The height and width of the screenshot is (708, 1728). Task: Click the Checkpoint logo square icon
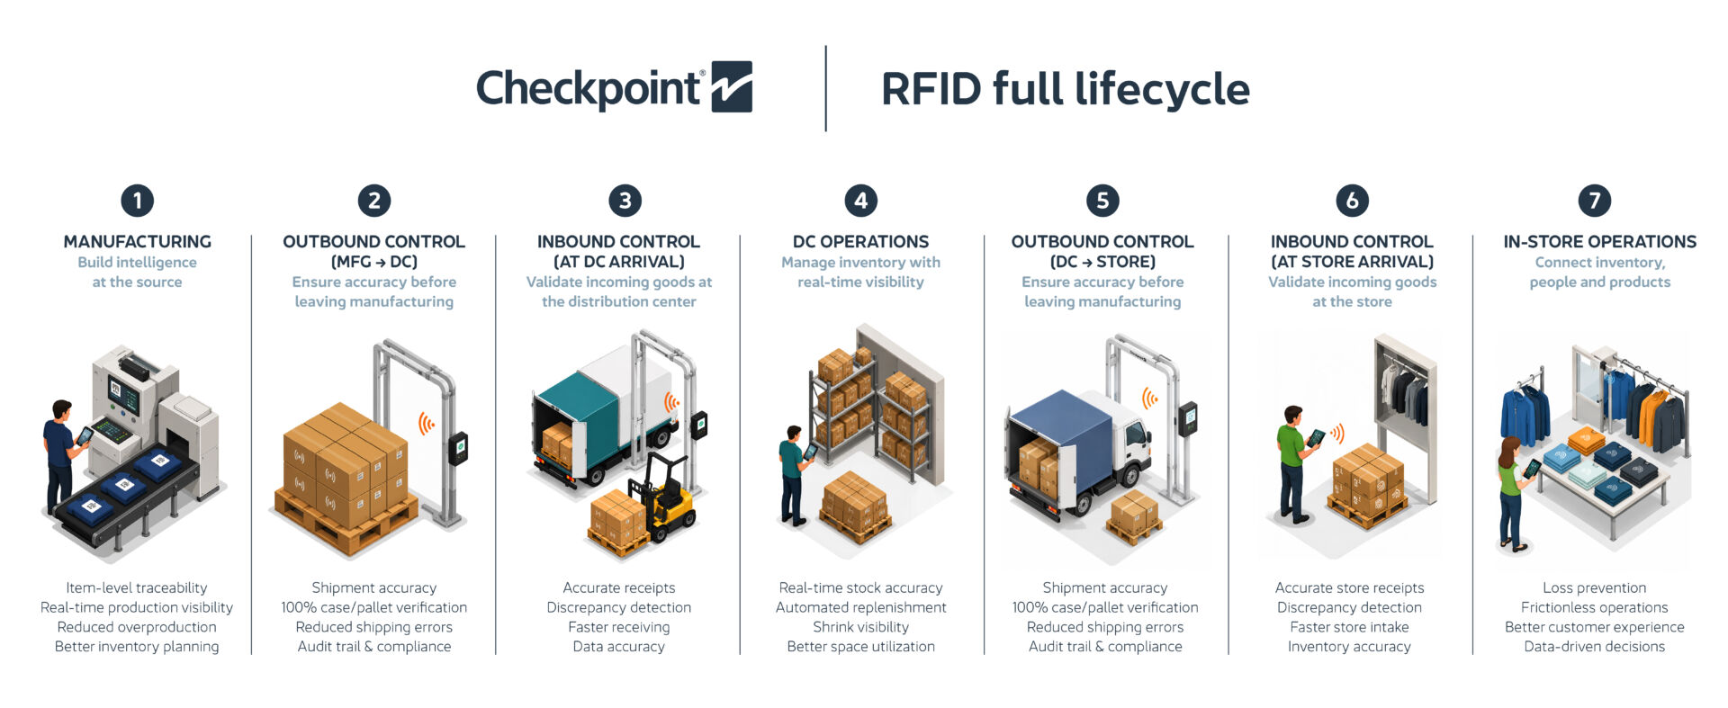pyautogui.click(x=732, y=86)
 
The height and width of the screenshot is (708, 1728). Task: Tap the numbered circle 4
pyautogui.click(x=860, y=201)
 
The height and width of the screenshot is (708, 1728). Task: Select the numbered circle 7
pyautogui.click(x=1594, y=201)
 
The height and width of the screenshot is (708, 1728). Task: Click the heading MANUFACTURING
pyautogui.click(x=137, y=241)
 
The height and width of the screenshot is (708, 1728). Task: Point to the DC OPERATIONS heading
pyautogui.click(x=860, y=241)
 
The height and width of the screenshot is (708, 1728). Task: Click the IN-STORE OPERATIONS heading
pyautogui.click(x=1599, y=241)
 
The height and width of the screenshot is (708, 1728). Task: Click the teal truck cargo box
pyautogui.click(x=589, y=409)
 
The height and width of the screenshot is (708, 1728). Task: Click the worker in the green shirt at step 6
pyautogui.click(x=1293, y=463)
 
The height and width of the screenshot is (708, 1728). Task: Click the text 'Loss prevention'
pyautogui.click(x=1594, y=587)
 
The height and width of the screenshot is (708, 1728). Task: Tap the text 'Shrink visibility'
pyautogui.click(x=860, y=627)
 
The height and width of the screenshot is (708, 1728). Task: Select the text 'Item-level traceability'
pyautogui.click(x=137, y=587)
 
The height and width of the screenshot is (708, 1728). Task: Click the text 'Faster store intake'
pyautogui.click(x=1349, y=627)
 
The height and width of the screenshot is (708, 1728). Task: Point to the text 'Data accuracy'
pyautogui.click(x=618, y=646)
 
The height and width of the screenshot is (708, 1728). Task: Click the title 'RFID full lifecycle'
pyautogui.click(x=1065, y=88)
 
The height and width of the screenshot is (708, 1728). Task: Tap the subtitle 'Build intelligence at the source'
pyautogui.click(x=137, y=272)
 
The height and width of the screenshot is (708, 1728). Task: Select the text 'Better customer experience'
pyautogui.click(x=1594, y=627)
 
